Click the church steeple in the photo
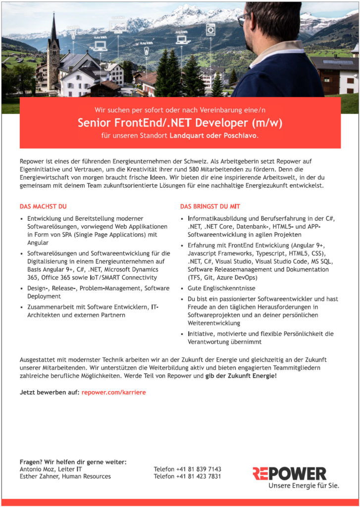(53, 35)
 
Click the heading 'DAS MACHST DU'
(43, 206)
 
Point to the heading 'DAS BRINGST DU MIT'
(210, 206)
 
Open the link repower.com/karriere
(114, 392)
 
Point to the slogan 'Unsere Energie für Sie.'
(304, 486)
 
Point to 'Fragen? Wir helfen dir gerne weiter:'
(73, 461)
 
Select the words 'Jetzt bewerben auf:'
(49, 392)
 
